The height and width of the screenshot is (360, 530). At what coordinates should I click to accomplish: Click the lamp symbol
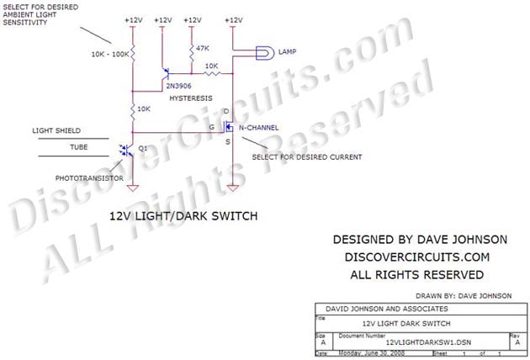(x=262, y=53)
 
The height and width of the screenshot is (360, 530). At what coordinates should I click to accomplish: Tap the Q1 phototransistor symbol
(x=128, y=151)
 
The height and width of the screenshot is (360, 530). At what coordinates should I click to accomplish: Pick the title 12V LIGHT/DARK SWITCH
(x=182, y=216)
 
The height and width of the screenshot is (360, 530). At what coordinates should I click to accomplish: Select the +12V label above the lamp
(x=234, y=19)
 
